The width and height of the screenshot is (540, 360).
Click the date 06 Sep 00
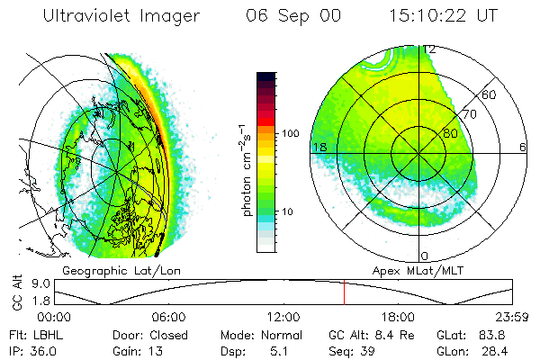290,16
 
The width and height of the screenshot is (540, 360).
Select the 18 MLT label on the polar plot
319,147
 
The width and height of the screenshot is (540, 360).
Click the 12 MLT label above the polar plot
429,50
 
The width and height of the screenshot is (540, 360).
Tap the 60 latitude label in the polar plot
490,94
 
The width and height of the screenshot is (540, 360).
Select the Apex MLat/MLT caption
410,269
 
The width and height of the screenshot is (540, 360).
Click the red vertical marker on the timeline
344,292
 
